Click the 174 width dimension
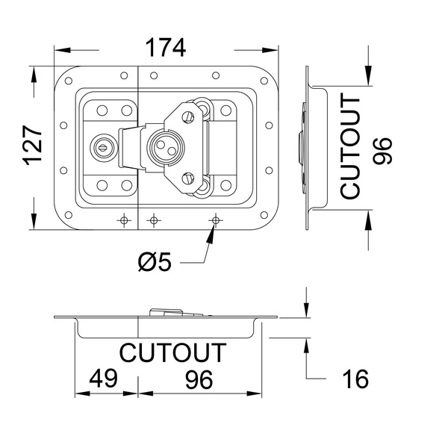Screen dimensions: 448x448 click(x=166, y=48)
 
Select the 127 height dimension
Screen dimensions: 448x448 click(x=33, y=145)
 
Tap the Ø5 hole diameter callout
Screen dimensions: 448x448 click(x=155, y=261)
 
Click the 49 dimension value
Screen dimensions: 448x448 click(x=104, y=378)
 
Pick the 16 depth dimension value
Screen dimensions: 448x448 click(x=355, y=379)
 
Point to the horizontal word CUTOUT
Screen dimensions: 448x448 click(x=172, y=352)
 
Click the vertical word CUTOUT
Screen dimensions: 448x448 click(x=349, y=146)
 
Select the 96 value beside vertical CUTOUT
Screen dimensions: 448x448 click(x=382, y=151)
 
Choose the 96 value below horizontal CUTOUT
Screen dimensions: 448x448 click(x=199, y=379)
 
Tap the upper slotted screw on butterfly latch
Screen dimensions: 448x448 click(x=187, y=116)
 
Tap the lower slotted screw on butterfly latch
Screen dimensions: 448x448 click(x=187, y=178)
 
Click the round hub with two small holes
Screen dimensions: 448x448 click(x=166, y=147)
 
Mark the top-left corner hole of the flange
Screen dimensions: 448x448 click(x=69, y=81)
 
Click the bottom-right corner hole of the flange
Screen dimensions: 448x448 click(x=264, y=215)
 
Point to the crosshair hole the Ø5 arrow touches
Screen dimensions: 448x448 click(x=216, y=220)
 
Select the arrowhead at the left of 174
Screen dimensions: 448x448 click(x=62, y=50)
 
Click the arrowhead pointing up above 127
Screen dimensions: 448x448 click(x=34, y=75)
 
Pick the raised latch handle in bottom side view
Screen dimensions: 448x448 click(x=177, y=312)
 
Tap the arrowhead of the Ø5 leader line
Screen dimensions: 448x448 click(x=211, y=234)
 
